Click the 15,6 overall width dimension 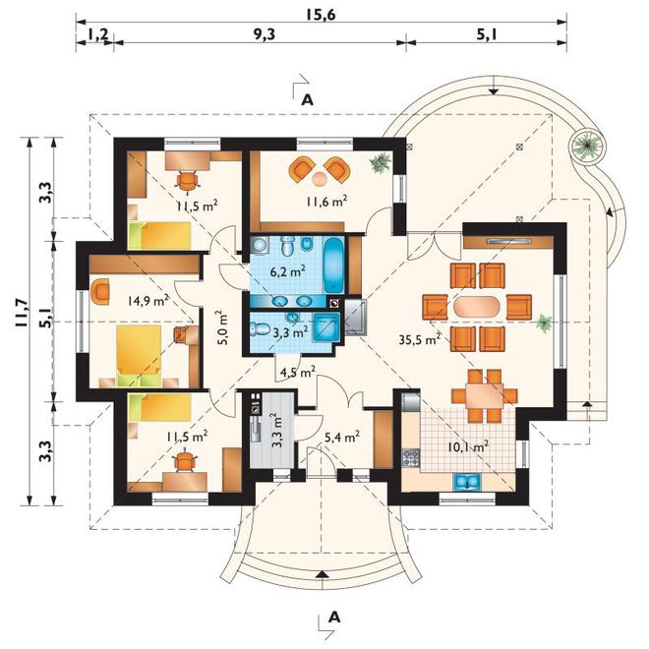pyautogui.click(x=321, y=15)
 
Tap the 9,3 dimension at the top pyautogui.click(x=264, y=34)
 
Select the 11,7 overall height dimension pyautogui.click(x=22, y=314)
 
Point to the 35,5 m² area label pyautogui.click(x=419, y=340)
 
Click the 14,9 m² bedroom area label pyautogui.click(x=148, y=300)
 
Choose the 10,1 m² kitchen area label pyautogui.click(x=468, y=447)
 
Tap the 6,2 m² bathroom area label pyautogui.click(x=288, y=272)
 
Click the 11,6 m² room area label pyautogui.click(x=326, y=202)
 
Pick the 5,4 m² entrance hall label pyautogui.click(x=341, y=437)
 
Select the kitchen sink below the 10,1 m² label pyautogui.click(x=466, y=482)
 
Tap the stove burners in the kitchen pyautogui.click(x=411, y=457)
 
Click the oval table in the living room pyautogui.click(x=477, y=307)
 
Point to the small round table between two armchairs pyautogui.click(x=320, y=178)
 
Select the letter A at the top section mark pyautogui.click(x=307, y=99)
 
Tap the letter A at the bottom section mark pyautogui.click(x=333, y=618)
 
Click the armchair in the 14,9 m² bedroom pyautogui.click(x=100, y=291)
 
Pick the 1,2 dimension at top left pyautogui.click(x=96, y=34)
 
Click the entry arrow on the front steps pyautogui.click(x=322, y=574)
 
